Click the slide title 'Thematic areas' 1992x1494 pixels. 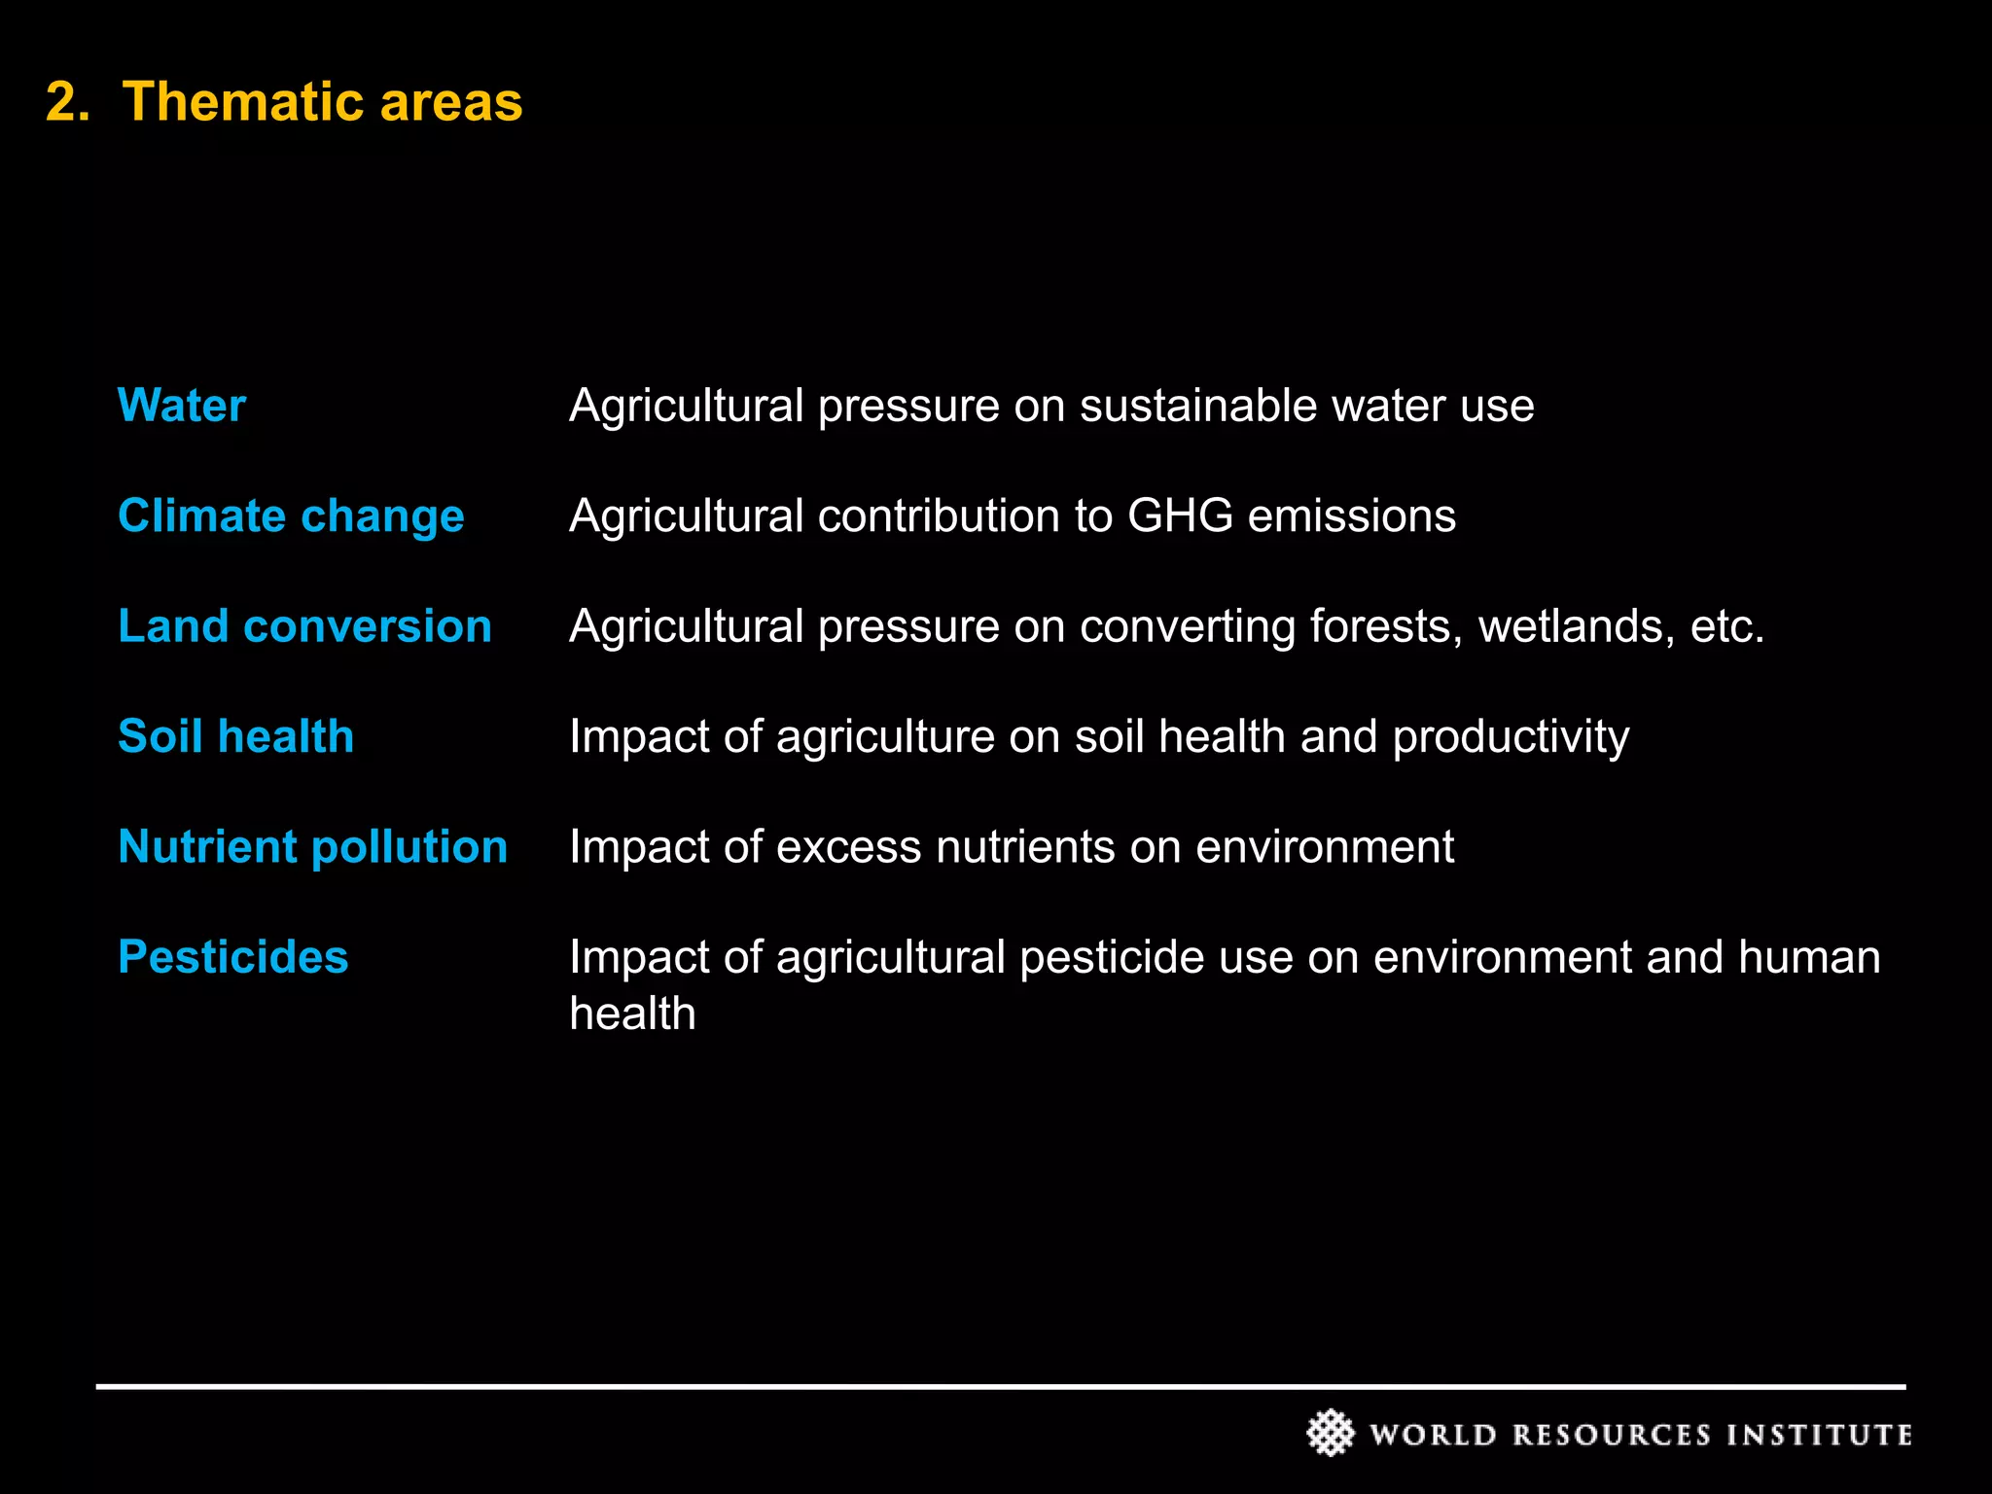[322, 101]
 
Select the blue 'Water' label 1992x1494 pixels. [182, 405]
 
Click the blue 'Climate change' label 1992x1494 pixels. [291, 516]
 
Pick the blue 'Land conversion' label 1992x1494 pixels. [304, 625]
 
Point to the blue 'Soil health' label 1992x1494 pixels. [235, 736]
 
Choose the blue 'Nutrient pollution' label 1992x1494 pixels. [312, 846]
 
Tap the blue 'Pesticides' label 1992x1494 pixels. [232, 957]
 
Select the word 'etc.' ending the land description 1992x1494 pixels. [1727, 626]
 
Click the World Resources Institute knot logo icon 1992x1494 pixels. [1330, 1433]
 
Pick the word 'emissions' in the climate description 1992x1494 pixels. [1351, 516]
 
